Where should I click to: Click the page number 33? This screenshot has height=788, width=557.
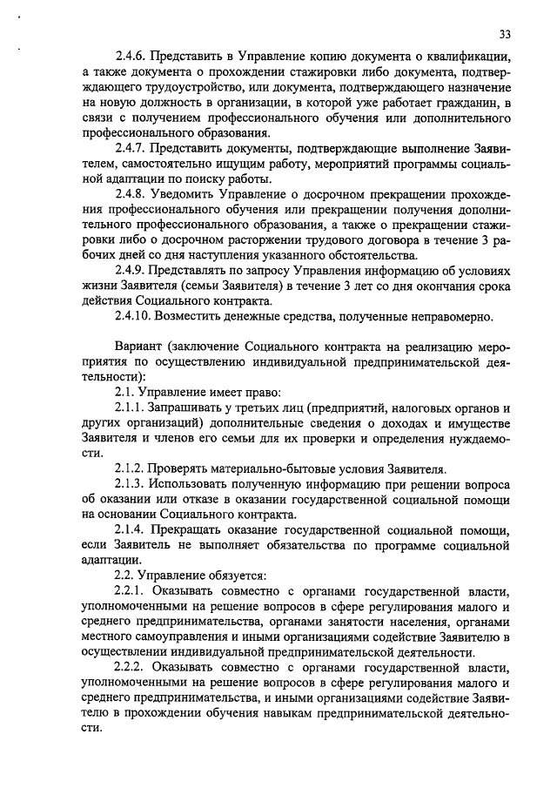(x=506, y=34)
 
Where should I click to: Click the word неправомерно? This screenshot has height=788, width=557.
(x=453, y=317)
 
